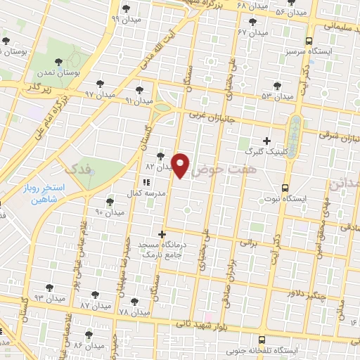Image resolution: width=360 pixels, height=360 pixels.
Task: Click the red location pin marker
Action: click(x=182, y=165)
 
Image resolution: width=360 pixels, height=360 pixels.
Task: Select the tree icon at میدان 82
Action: click(x=161, y=157)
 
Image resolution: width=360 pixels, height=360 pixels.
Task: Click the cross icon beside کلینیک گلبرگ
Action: click(x=266, y=141)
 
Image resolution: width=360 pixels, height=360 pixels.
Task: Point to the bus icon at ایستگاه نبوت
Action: click(x=285, y=188)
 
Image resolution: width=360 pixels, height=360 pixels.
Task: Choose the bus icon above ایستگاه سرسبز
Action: click(x=311, y=40)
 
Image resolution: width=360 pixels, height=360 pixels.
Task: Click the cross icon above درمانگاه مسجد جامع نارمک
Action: click(x=162, y=233)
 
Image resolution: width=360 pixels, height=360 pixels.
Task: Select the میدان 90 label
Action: click(x=109, y=212)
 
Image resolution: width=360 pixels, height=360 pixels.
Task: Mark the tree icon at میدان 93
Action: click(x=50, y=287)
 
